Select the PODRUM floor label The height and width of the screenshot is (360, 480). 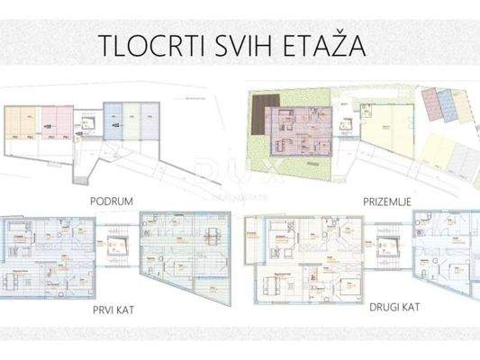tap(111, 203)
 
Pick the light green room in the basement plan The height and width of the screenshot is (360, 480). tap(131, 123)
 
